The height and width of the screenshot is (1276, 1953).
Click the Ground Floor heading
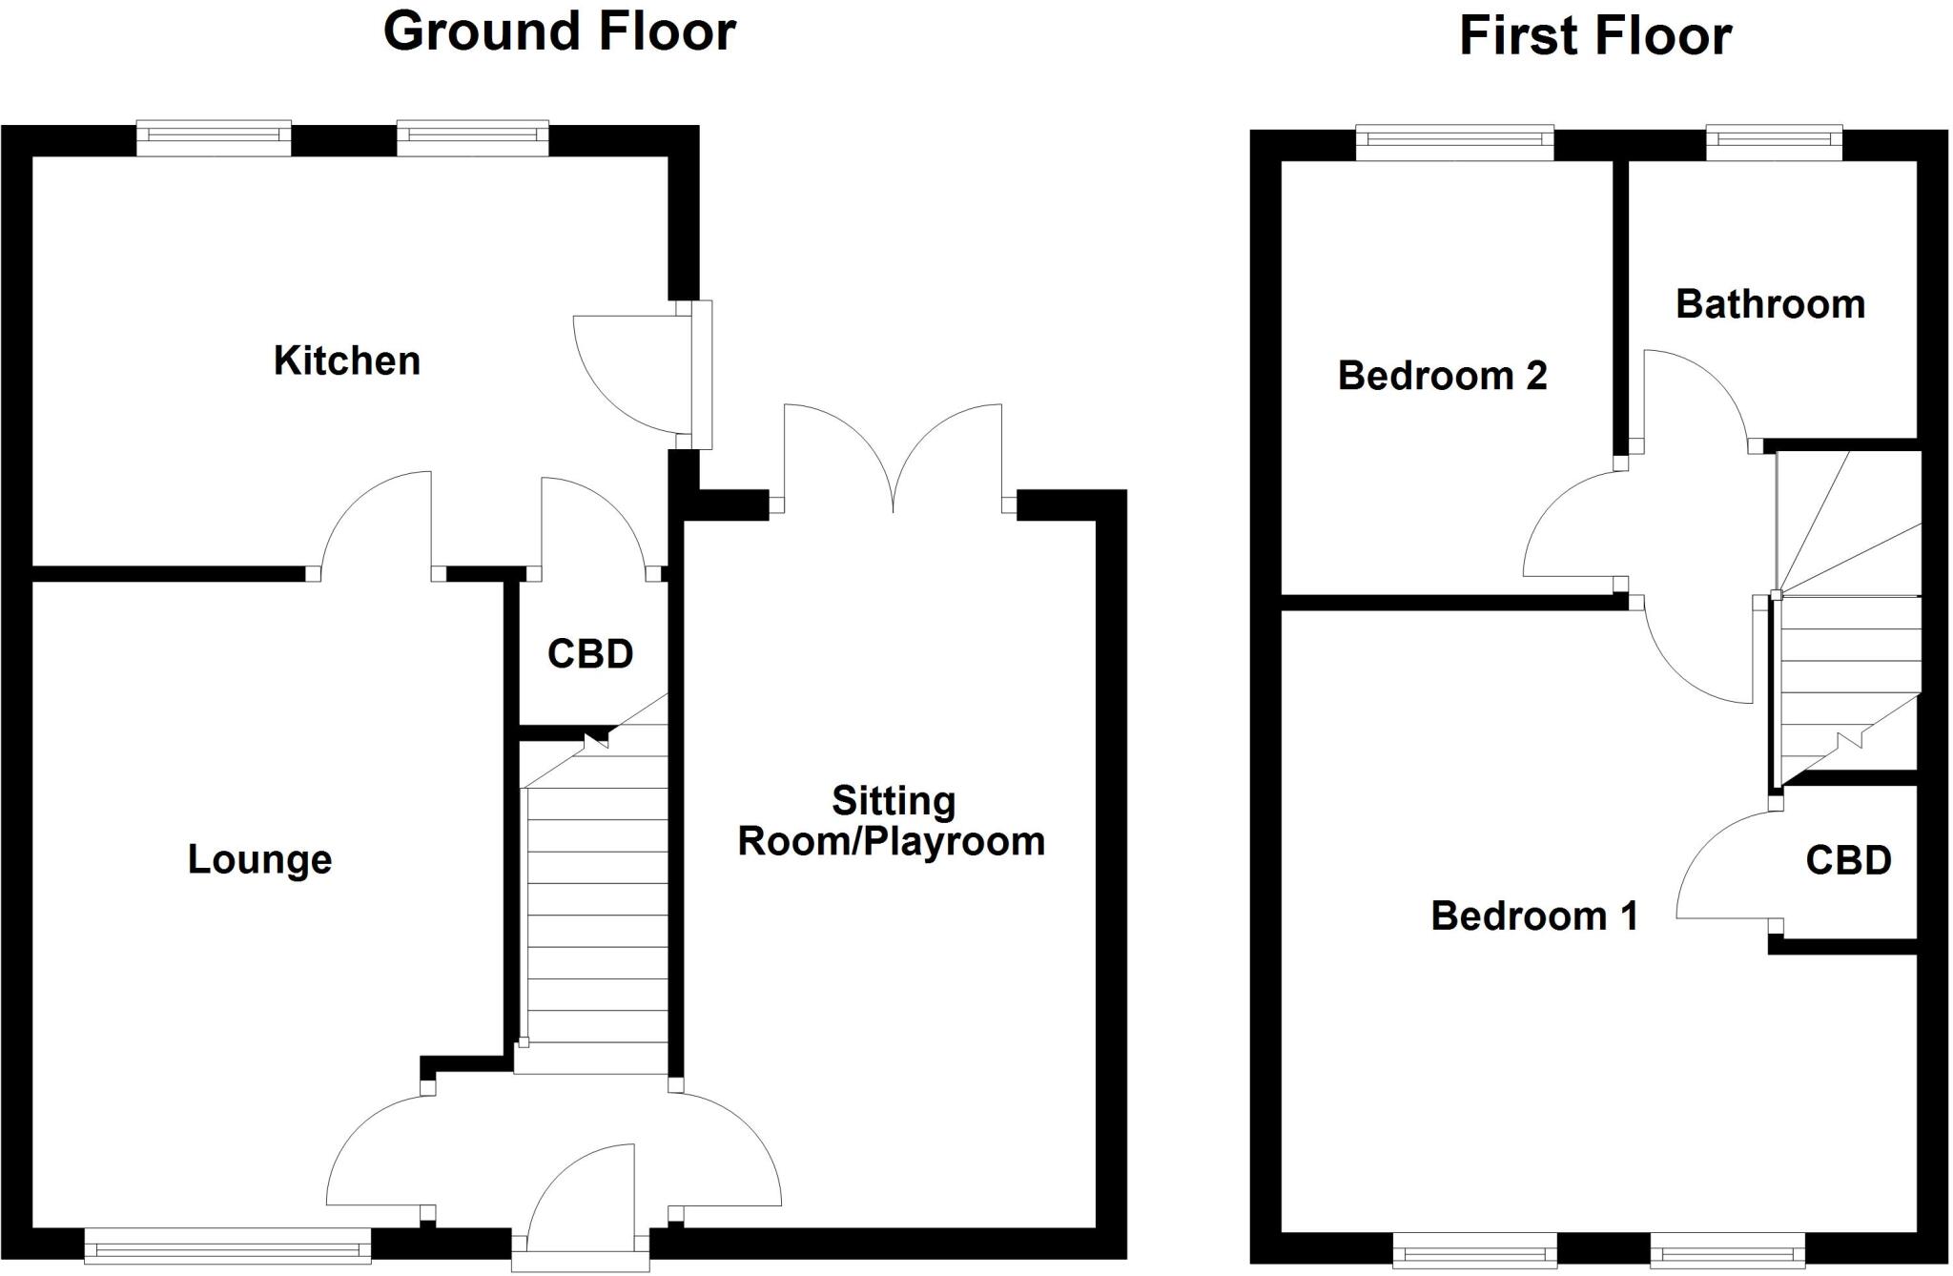click(x=559, y=31)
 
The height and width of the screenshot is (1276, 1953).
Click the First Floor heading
click(x=1595, y=37)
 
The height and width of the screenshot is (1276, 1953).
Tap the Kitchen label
click(x=347, y=361)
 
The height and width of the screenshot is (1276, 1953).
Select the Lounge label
click(x=259, y=860)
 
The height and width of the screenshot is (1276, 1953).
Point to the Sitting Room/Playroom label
click(x=892, y=821)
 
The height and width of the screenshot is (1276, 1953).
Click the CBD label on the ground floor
click(x=590, y=654)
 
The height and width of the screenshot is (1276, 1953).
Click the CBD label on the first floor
click(x=1848, y=861)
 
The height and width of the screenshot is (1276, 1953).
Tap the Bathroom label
click(x=1770, y=304)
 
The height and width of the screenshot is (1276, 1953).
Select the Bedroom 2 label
click(x=1442, y=376)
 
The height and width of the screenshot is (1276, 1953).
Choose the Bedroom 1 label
click(x=1534, y=916)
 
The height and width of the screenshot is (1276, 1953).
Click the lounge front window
click(x=228, y=1245)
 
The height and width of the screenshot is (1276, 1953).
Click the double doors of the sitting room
click(x=894, y=459)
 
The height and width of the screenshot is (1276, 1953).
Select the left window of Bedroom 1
click(x=1475, y=1249)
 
